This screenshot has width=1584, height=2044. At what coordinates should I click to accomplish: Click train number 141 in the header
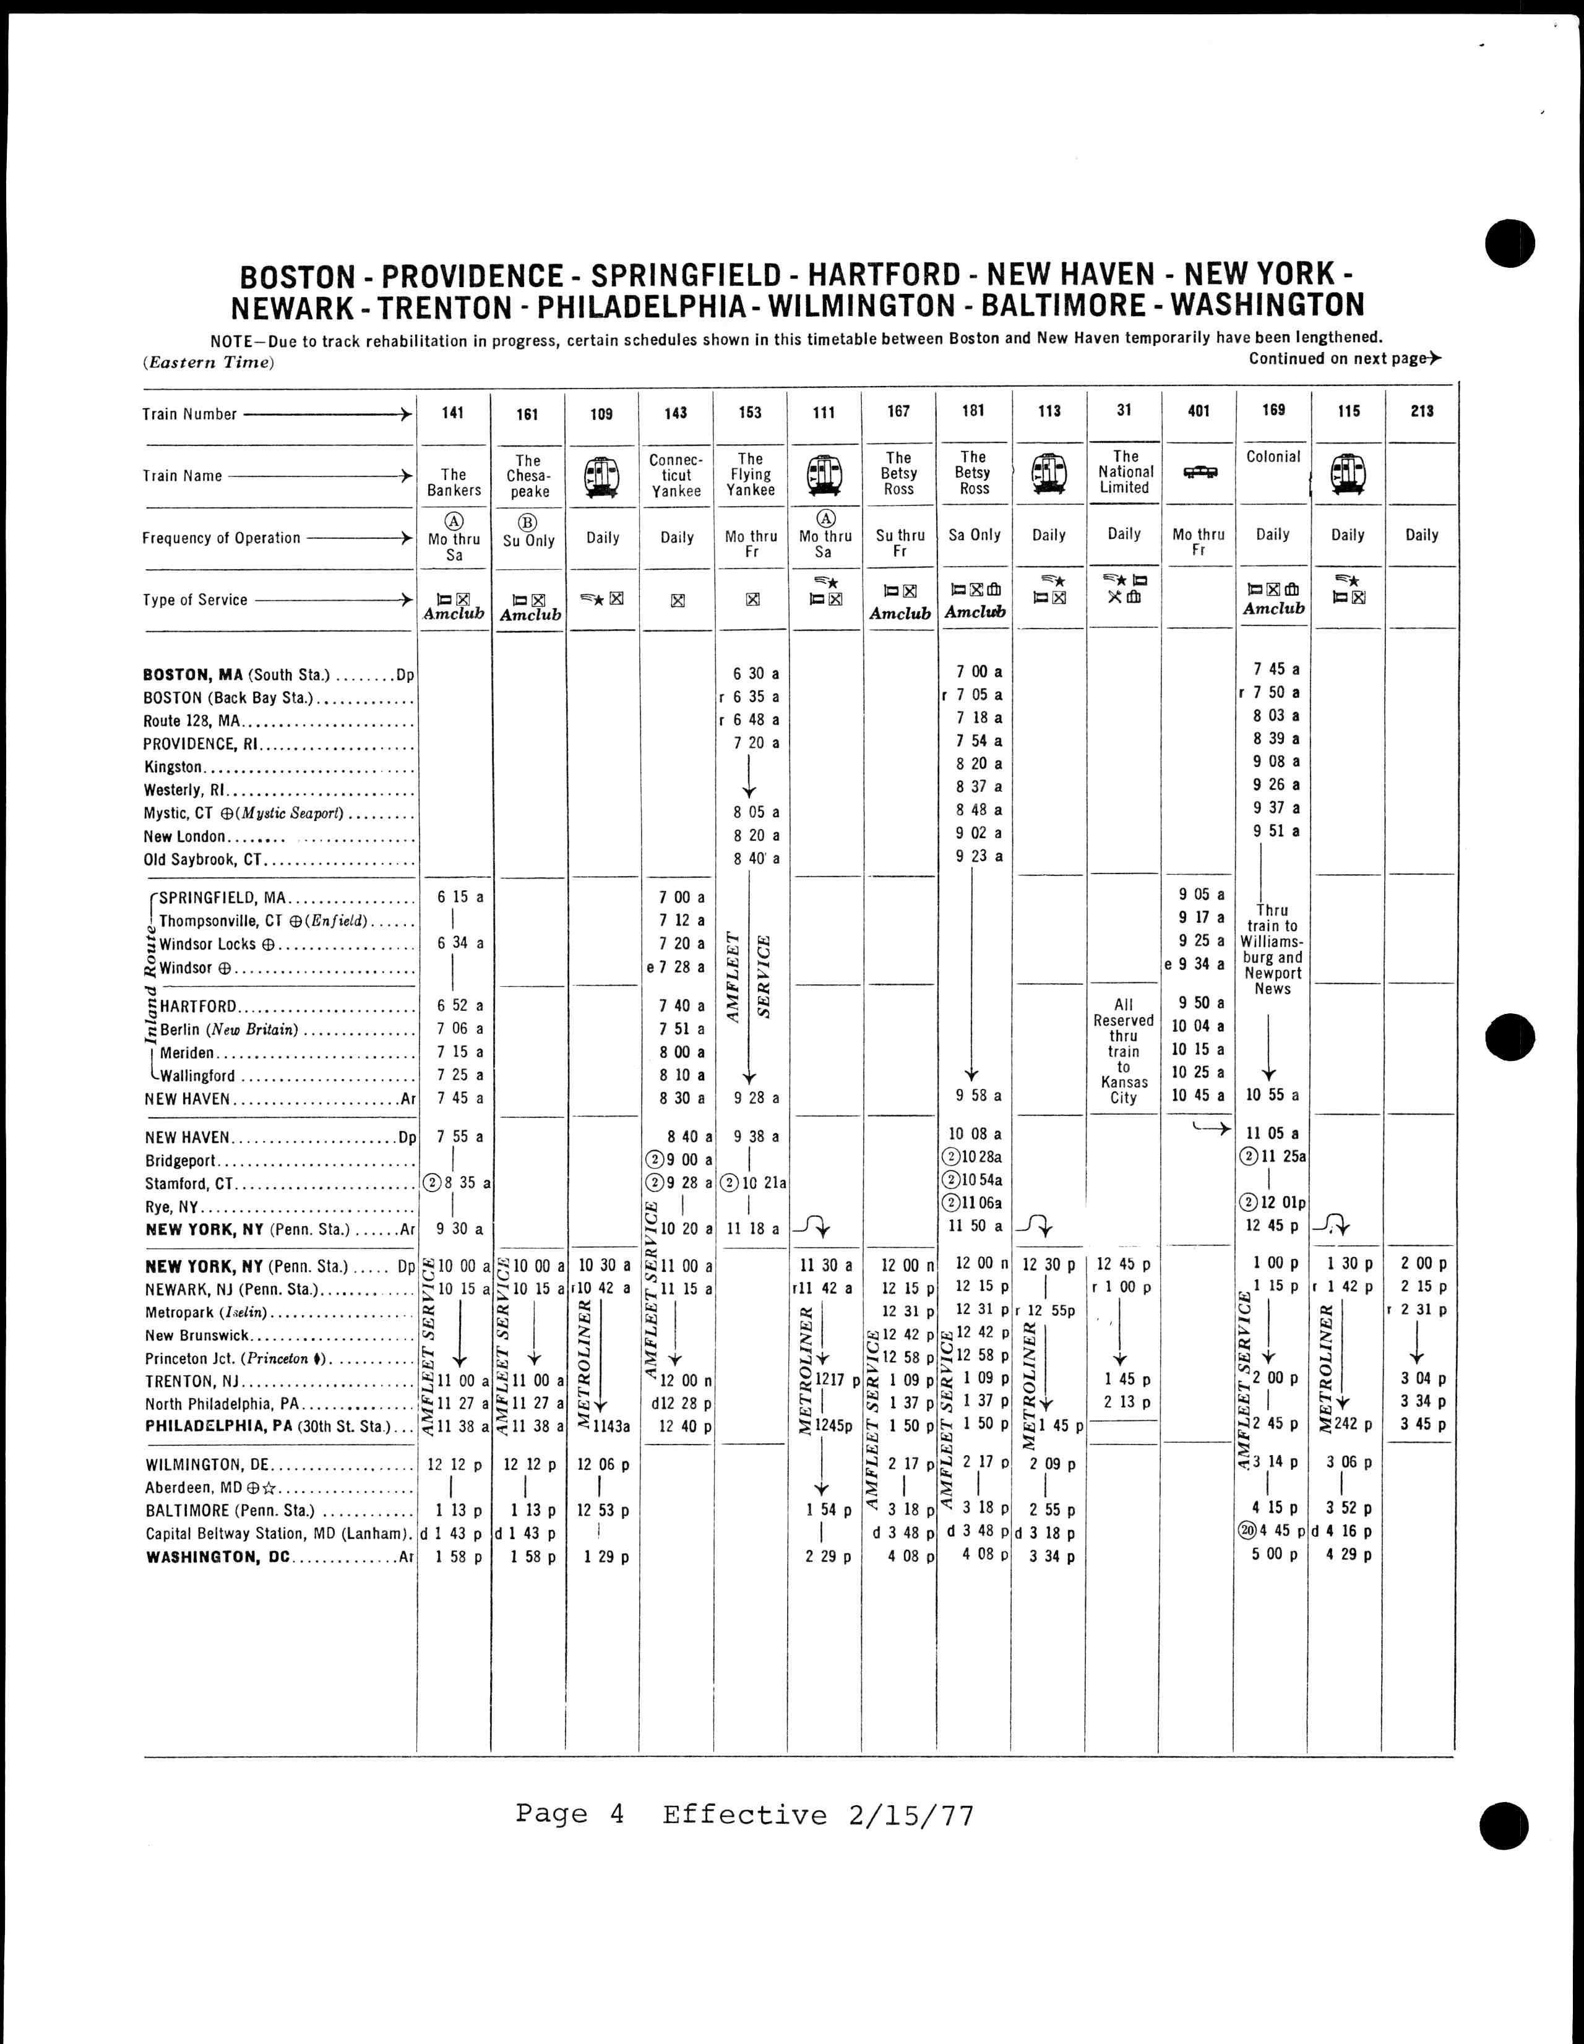tap(453, 413)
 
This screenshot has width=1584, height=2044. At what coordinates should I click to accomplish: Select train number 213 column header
tap(1421, 411)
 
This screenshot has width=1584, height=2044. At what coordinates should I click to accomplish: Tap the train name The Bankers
tap(454, 482)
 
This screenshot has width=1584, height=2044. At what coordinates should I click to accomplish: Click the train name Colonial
tap(1273, 457)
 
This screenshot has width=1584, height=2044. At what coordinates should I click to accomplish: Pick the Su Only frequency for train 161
tap(529, 541)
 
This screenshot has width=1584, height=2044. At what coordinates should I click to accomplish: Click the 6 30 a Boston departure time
tap(757, 673)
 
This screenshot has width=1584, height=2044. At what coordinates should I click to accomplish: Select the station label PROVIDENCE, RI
tap(200, 744)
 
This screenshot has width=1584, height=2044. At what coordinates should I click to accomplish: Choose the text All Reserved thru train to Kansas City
tap(1124, 1051)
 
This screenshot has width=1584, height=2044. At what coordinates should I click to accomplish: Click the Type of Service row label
tap(195, 600)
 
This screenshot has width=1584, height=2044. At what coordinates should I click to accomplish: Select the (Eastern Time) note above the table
tap(209, 362)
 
